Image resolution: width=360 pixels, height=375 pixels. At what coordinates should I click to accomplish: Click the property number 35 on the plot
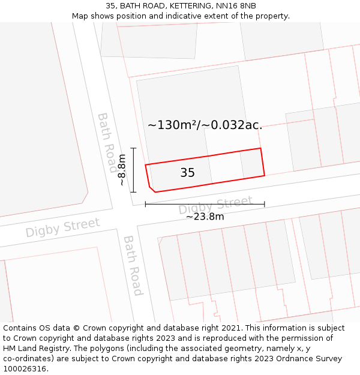[187, 173]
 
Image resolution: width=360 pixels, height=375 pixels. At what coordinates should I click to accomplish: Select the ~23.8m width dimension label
[205, 217]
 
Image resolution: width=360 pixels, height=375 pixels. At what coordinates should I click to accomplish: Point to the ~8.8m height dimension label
[122, 170]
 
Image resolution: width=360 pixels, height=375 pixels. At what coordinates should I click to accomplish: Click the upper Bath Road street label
[107, 142]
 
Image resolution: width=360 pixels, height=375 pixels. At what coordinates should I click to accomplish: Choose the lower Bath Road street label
[133, 265]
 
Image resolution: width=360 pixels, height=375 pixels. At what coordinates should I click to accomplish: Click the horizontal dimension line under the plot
[205, 205]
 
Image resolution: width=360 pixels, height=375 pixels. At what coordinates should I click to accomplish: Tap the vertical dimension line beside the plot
[133, 170]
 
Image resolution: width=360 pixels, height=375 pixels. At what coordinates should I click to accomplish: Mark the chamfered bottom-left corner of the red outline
[152, 189]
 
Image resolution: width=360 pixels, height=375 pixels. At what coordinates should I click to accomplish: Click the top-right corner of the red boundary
[260, 148]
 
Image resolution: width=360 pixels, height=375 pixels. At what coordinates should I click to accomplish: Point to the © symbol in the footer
[76, 328]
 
